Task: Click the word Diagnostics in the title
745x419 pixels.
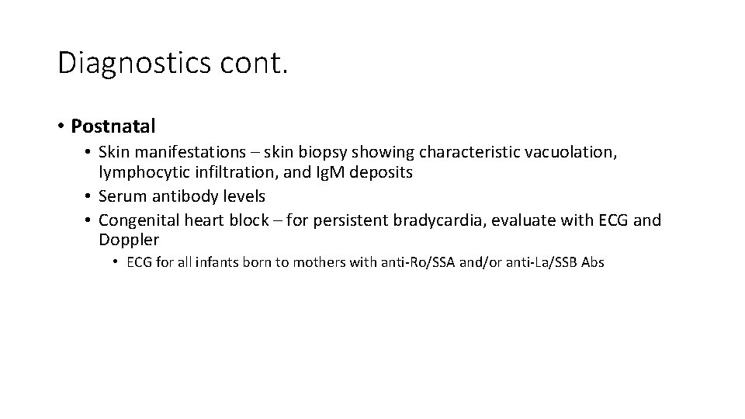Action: [x=132, y=63]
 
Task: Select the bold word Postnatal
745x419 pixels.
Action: [x=112, y=125]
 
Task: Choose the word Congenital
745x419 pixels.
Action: [x=139, y=220]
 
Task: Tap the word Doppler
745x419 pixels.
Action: [x=128, y=240]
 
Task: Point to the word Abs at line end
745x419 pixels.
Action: [x=591, y=262]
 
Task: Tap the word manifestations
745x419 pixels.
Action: [x=187, y=153]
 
